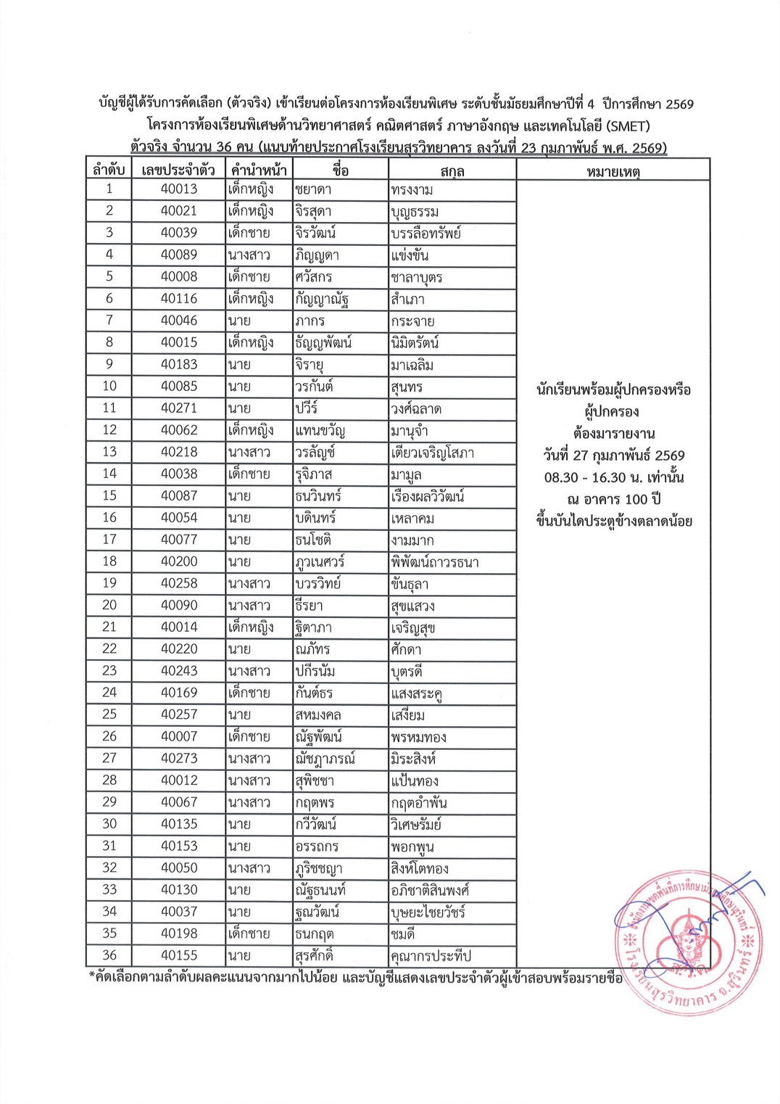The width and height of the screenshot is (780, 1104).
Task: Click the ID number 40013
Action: coord(179,189)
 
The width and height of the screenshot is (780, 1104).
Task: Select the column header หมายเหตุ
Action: coord(613,171)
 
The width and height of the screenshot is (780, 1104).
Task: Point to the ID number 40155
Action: coord(179,955)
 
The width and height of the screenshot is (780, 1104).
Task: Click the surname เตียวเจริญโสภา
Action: coord(432,453)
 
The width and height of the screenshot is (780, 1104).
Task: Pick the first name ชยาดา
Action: coord(314,189)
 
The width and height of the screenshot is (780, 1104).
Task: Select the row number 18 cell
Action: coord(109,561)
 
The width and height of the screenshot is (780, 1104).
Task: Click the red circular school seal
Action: coord(685,941)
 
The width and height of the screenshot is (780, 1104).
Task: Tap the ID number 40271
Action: coord(179,408)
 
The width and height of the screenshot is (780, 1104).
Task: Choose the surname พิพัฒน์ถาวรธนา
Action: coord(435,562)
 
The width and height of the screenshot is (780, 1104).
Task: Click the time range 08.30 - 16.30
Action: coord(585,477)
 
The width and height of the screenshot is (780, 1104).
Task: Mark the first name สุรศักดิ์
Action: coord(315,955)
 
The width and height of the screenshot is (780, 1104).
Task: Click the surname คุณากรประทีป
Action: coord(431,956)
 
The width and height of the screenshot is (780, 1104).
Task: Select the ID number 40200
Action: coord(179,561)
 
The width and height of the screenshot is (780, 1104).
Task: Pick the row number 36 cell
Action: coord(109,955)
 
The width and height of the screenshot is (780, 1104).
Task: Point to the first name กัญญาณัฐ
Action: coord(323,299)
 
